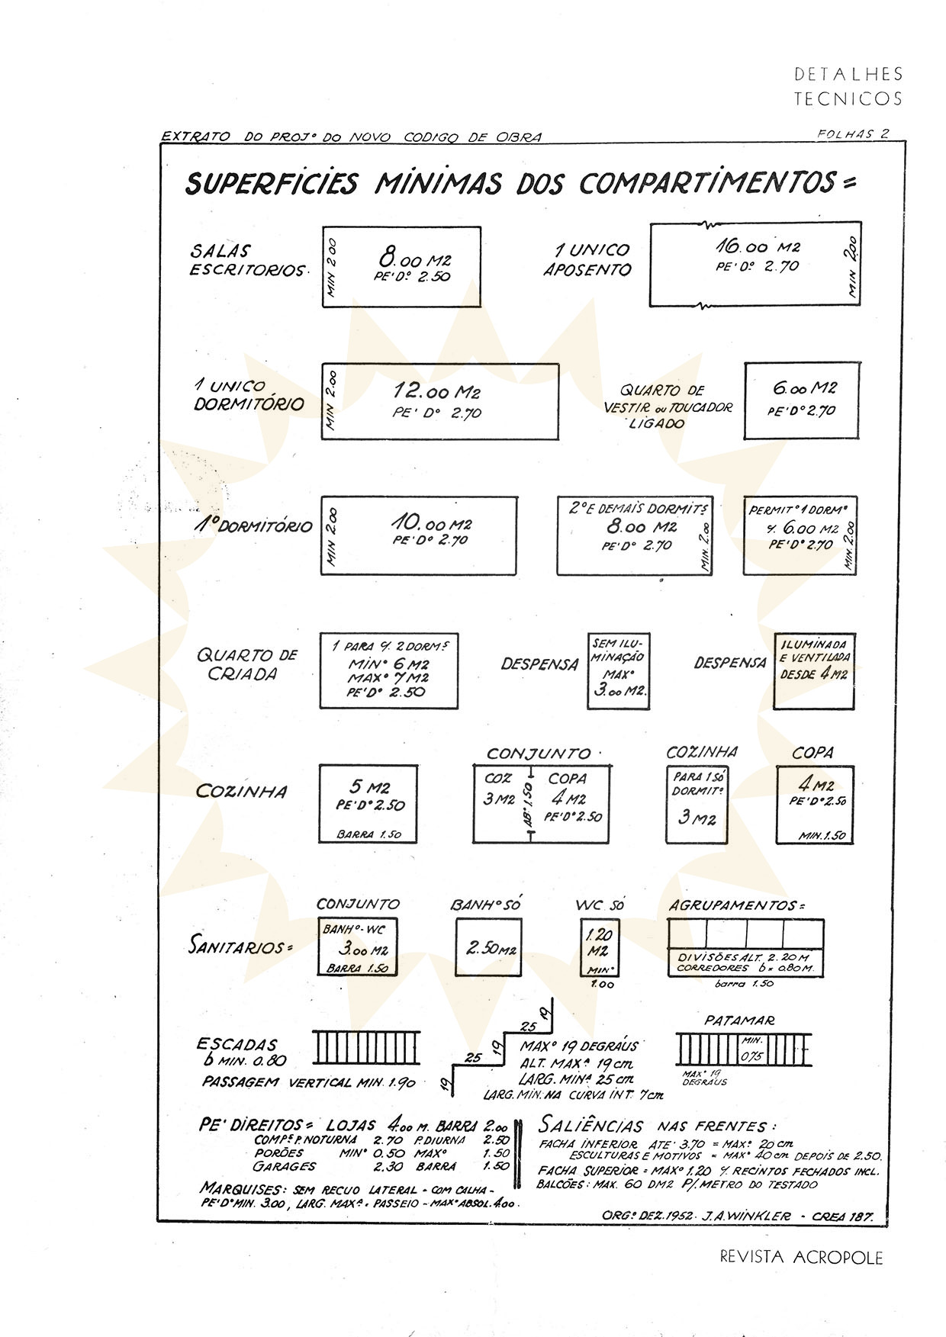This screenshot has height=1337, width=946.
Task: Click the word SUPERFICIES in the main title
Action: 271,184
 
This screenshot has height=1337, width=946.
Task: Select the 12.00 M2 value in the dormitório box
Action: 436,391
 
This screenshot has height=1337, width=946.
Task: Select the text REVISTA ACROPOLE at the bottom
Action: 801,1257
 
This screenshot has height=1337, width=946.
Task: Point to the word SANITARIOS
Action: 240,947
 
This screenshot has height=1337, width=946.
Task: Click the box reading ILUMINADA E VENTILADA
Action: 814,660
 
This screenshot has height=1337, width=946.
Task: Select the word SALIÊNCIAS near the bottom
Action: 591,1125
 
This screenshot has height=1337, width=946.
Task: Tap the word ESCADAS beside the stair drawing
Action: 236,1044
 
